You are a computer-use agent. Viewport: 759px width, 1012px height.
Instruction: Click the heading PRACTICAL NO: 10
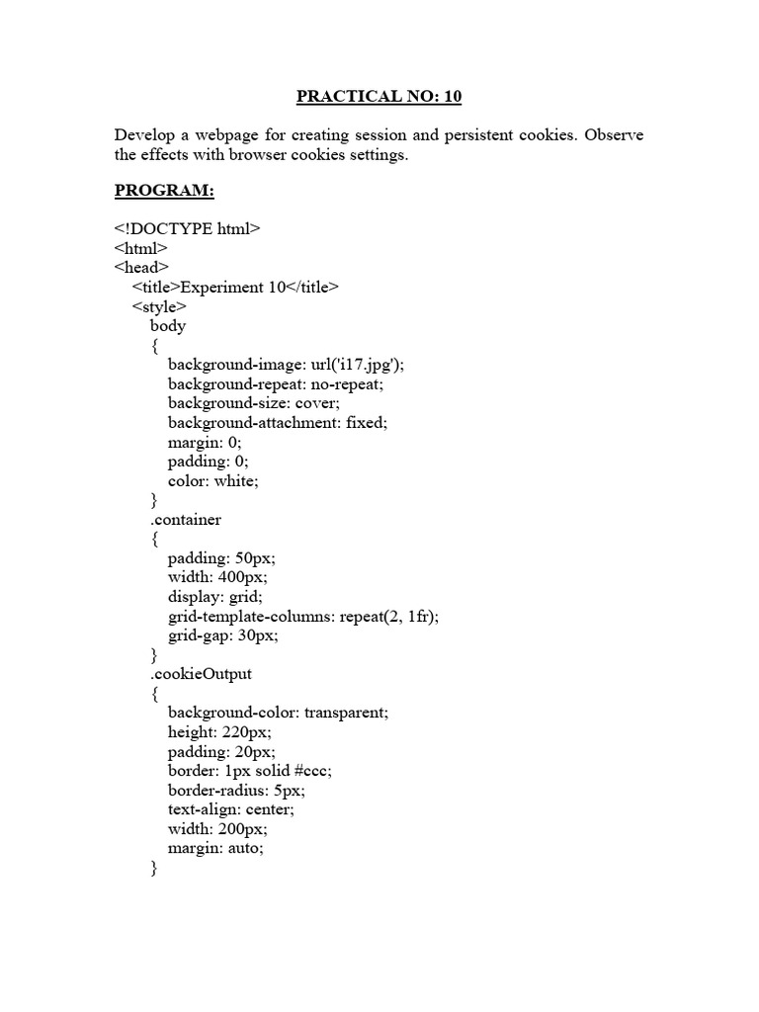coord(379,97)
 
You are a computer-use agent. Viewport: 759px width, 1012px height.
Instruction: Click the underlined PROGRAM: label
coord(164,190)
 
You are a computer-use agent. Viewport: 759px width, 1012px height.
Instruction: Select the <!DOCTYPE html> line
coord(188,228)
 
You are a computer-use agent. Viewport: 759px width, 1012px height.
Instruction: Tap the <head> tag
coord(142,267)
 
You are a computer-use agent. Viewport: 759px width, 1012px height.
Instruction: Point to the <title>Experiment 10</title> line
coord(235,287)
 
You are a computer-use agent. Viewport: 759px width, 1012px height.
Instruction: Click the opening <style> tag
coord(159,306)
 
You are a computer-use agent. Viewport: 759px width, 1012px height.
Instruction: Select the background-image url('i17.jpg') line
coord(287,365)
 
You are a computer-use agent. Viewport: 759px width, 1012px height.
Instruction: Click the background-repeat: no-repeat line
coord(275,383)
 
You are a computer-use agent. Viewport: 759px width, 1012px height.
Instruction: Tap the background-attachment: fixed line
coord(278,422)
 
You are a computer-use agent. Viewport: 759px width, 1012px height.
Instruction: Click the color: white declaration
coord(213,481)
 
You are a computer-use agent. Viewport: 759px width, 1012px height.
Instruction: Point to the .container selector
coord(186,520)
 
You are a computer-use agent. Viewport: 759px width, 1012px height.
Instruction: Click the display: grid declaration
coord(215,597)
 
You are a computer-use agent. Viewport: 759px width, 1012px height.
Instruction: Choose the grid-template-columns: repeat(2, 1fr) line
coord(303,617)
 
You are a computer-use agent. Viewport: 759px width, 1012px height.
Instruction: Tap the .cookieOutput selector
coord(201,674)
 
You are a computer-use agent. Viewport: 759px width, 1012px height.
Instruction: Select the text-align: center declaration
coord(230,809)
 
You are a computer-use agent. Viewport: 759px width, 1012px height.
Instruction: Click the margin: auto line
coord(216,848)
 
